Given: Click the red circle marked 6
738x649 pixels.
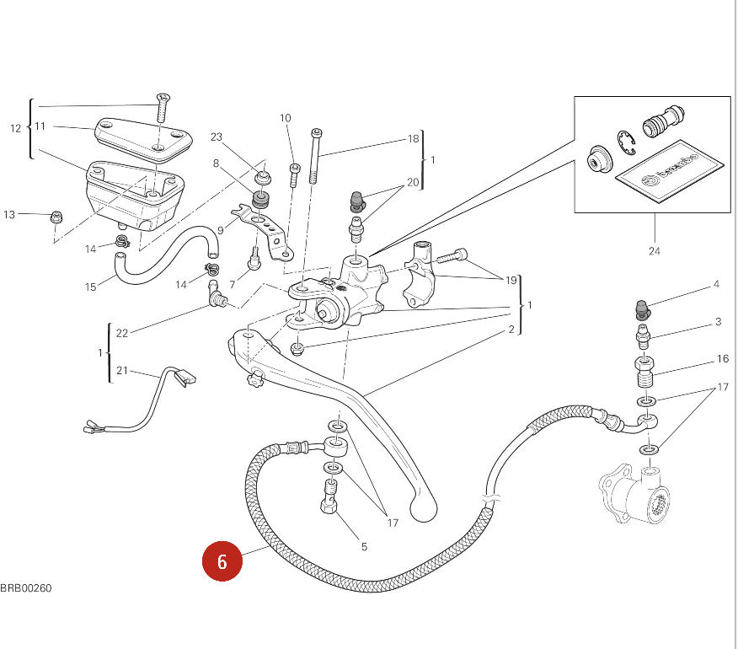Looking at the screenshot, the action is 222,561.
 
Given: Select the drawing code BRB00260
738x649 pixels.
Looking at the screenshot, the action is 26,588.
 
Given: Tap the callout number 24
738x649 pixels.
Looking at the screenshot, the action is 655,251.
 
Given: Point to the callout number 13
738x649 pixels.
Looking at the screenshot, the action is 9,215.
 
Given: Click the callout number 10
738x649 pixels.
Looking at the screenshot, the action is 286,118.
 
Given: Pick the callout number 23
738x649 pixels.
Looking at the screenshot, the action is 216,137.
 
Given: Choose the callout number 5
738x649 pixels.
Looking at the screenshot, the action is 364,547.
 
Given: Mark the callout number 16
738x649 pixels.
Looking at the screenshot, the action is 723,359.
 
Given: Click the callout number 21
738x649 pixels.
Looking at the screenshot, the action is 122,371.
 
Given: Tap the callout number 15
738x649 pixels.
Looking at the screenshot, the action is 90,287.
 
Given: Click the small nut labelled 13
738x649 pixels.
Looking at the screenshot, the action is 57,217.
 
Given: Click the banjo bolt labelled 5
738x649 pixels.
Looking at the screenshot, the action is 329,496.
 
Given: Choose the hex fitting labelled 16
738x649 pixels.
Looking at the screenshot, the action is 644,372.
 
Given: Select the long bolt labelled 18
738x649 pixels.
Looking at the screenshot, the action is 315,156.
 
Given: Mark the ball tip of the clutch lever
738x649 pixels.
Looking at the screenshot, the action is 423,509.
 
